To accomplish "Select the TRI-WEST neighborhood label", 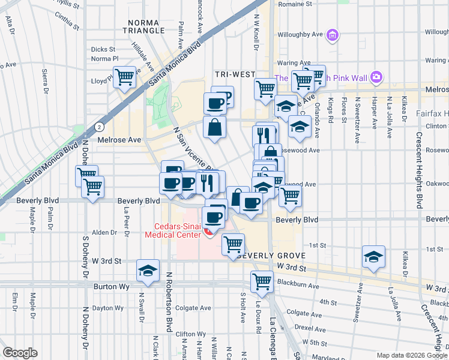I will (235, 74).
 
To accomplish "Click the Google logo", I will (20, 353).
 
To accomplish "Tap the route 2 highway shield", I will (99, 127).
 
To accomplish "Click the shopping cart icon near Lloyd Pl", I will (124, 76).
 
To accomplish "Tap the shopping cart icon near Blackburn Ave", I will (262, 280).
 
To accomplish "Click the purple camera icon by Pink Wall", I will (376, 77).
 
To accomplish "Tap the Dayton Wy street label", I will (108, 308).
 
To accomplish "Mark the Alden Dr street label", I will (104, 232).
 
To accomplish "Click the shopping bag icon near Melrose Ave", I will (214, 127).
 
